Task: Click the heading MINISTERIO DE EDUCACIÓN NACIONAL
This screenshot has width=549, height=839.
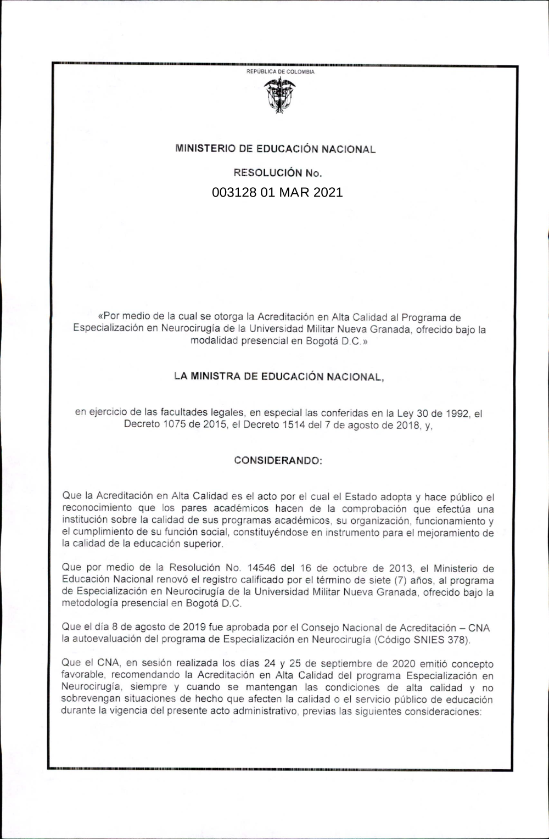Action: point(275,149)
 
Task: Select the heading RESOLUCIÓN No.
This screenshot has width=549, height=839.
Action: point(278,173)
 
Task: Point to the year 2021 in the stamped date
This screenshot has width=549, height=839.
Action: point(328,193)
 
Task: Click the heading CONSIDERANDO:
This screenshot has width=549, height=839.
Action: point(278,460)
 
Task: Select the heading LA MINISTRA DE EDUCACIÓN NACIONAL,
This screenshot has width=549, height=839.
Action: point(279,377)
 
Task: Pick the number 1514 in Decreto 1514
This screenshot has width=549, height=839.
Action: point(285,425)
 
